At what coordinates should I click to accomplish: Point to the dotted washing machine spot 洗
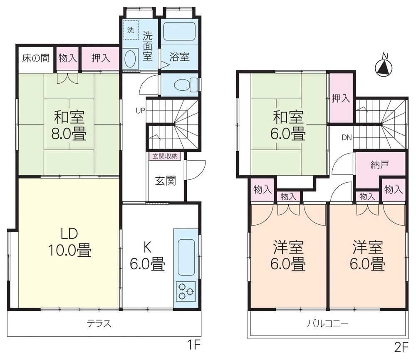click(x=131, y=31)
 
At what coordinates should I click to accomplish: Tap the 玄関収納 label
click(x=165, y=156)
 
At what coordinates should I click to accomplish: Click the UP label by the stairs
click(x=140, y=111)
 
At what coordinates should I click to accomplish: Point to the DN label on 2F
click(x=347, y=137)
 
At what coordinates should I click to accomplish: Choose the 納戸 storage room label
click(x=379, y=165)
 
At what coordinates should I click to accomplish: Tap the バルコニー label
click(x=327, y=323)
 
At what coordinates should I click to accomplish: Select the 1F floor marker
click(x=194, y=345)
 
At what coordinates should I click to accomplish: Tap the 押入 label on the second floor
click(x=341, y=99)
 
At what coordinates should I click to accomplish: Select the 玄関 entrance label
click(x=165, y=181)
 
